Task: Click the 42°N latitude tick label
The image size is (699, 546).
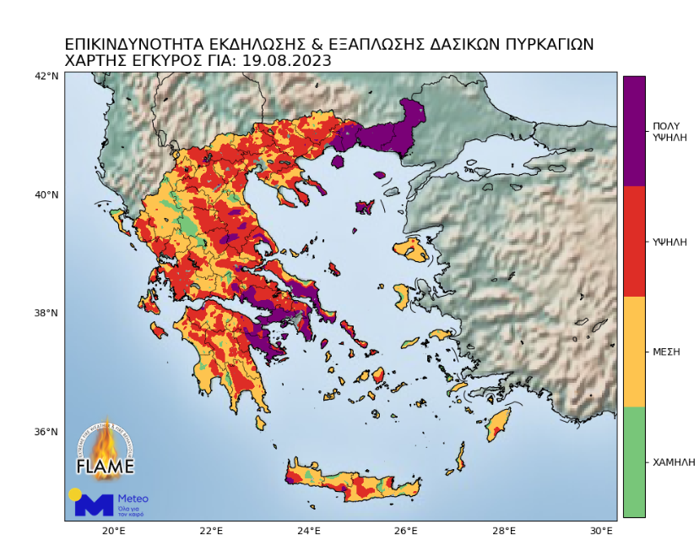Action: pyautogui.click(x=47, y=76)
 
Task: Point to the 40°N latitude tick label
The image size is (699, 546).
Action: pyautogui.click(x=47, y=194)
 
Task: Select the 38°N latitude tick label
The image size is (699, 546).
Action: pyautogui.click(x=47, y=313)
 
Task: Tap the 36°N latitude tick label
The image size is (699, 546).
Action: pyautogui.click(x=47, y=432)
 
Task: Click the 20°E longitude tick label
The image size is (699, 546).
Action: pyautogui.click(x=113, y=531)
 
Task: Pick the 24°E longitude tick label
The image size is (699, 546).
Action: pyautogui.click(x=308, y=531)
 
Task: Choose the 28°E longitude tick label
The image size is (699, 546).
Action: pyautogui.click(x=504, y=531)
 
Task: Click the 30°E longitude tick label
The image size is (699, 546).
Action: pyautogui.click(x=601, y=531)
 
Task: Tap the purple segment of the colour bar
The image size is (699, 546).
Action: pyautogui.click(x=634, y=131)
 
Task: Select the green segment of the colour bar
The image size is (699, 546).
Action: pyautogui.click(x=634, y=461)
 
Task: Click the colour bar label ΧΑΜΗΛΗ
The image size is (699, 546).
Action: pyautogui.click(x=674, y=462)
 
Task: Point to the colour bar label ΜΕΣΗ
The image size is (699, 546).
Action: pyautogui.click(x=667, y=352)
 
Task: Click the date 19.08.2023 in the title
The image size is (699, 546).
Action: pyautogui.click(x=286, y=61)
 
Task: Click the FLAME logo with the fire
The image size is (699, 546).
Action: pyautogui.click(x=106, y=450)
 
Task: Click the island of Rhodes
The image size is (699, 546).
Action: pyautogui.click(x=498, y=425)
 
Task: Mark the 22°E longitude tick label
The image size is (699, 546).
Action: pyautogui.click(x=211, y=531)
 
